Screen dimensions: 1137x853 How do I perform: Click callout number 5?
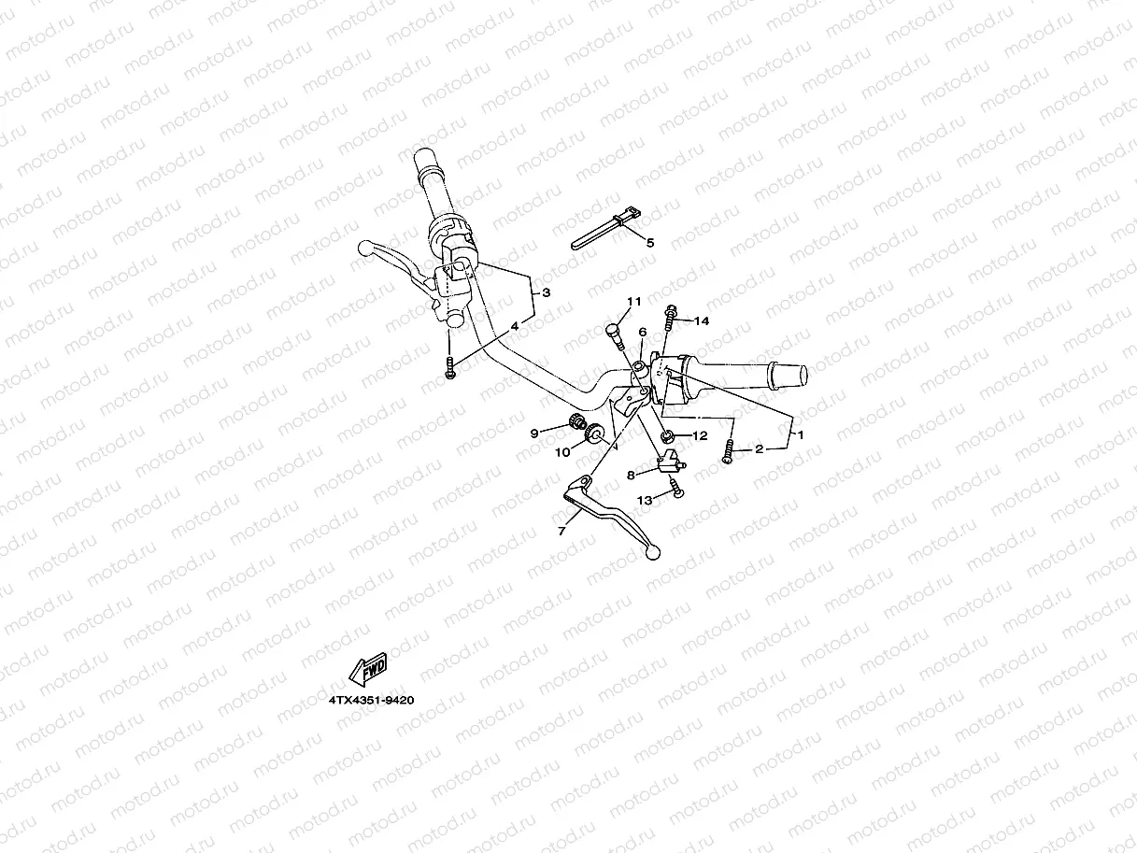[x=651, y=242]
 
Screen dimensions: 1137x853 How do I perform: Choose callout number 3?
[x=547, y=292]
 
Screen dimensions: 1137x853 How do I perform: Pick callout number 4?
[x=514, y=327]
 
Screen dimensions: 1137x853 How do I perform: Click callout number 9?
[x=534, y=433]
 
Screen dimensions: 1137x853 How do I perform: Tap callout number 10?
[x=562, y=452]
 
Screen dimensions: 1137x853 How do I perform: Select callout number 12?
[x=700, y=436]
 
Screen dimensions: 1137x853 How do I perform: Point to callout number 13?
[x=645, y=501]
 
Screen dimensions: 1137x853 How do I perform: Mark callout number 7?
[x=561, y=531]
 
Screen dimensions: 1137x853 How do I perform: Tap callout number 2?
[x=759, y=449]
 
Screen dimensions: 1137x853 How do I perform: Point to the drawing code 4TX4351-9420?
[x=371, y=700]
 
